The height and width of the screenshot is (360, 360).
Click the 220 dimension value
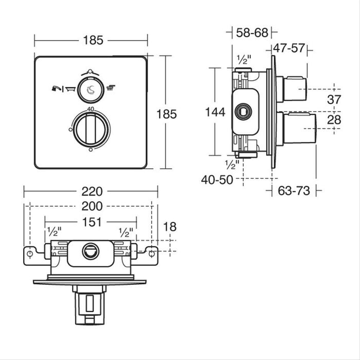91,191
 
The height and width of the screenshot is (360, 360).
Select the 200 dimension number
91,207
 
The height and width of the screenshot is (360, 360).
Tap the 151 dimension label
91,222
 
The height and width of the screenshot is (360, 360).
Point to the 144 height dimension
214,113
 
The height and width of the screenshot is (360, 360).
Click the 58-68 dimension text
252,33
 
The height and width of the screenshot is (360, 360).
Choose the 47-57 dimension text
289,49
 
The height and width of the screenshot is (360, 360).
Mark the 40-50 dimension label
217,180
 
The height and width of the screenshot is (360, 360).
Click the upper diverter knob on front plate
91,88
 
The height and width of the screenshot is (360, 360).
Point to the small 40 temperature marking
91,109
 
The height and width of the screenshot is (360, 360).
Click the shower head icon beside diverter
110,88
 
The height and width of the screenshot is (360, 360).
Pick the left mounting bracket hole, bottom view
30,254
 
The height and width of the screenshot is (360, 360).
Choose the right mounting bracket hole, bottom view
152,254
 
